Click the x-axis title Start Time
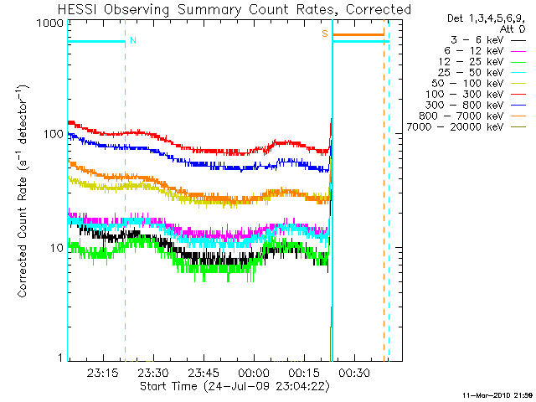[234, 387]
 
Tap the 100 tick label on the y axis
[52, 135]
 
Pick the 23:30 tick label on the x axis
[153, 373]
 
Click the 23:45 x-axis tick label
[204, 373]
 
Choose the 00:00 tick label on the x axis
[254, 373]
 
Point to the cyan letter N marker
[132, 39]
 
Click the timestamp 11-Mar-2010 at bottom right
[497, 394]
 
